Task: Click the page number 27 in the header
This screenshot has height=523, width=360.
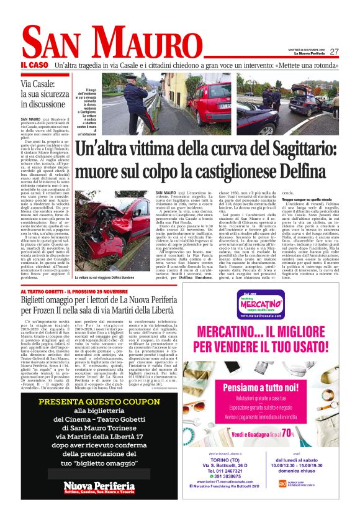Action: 334,52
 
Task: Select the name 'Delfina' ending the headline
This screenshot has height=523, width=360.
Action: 307,172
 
